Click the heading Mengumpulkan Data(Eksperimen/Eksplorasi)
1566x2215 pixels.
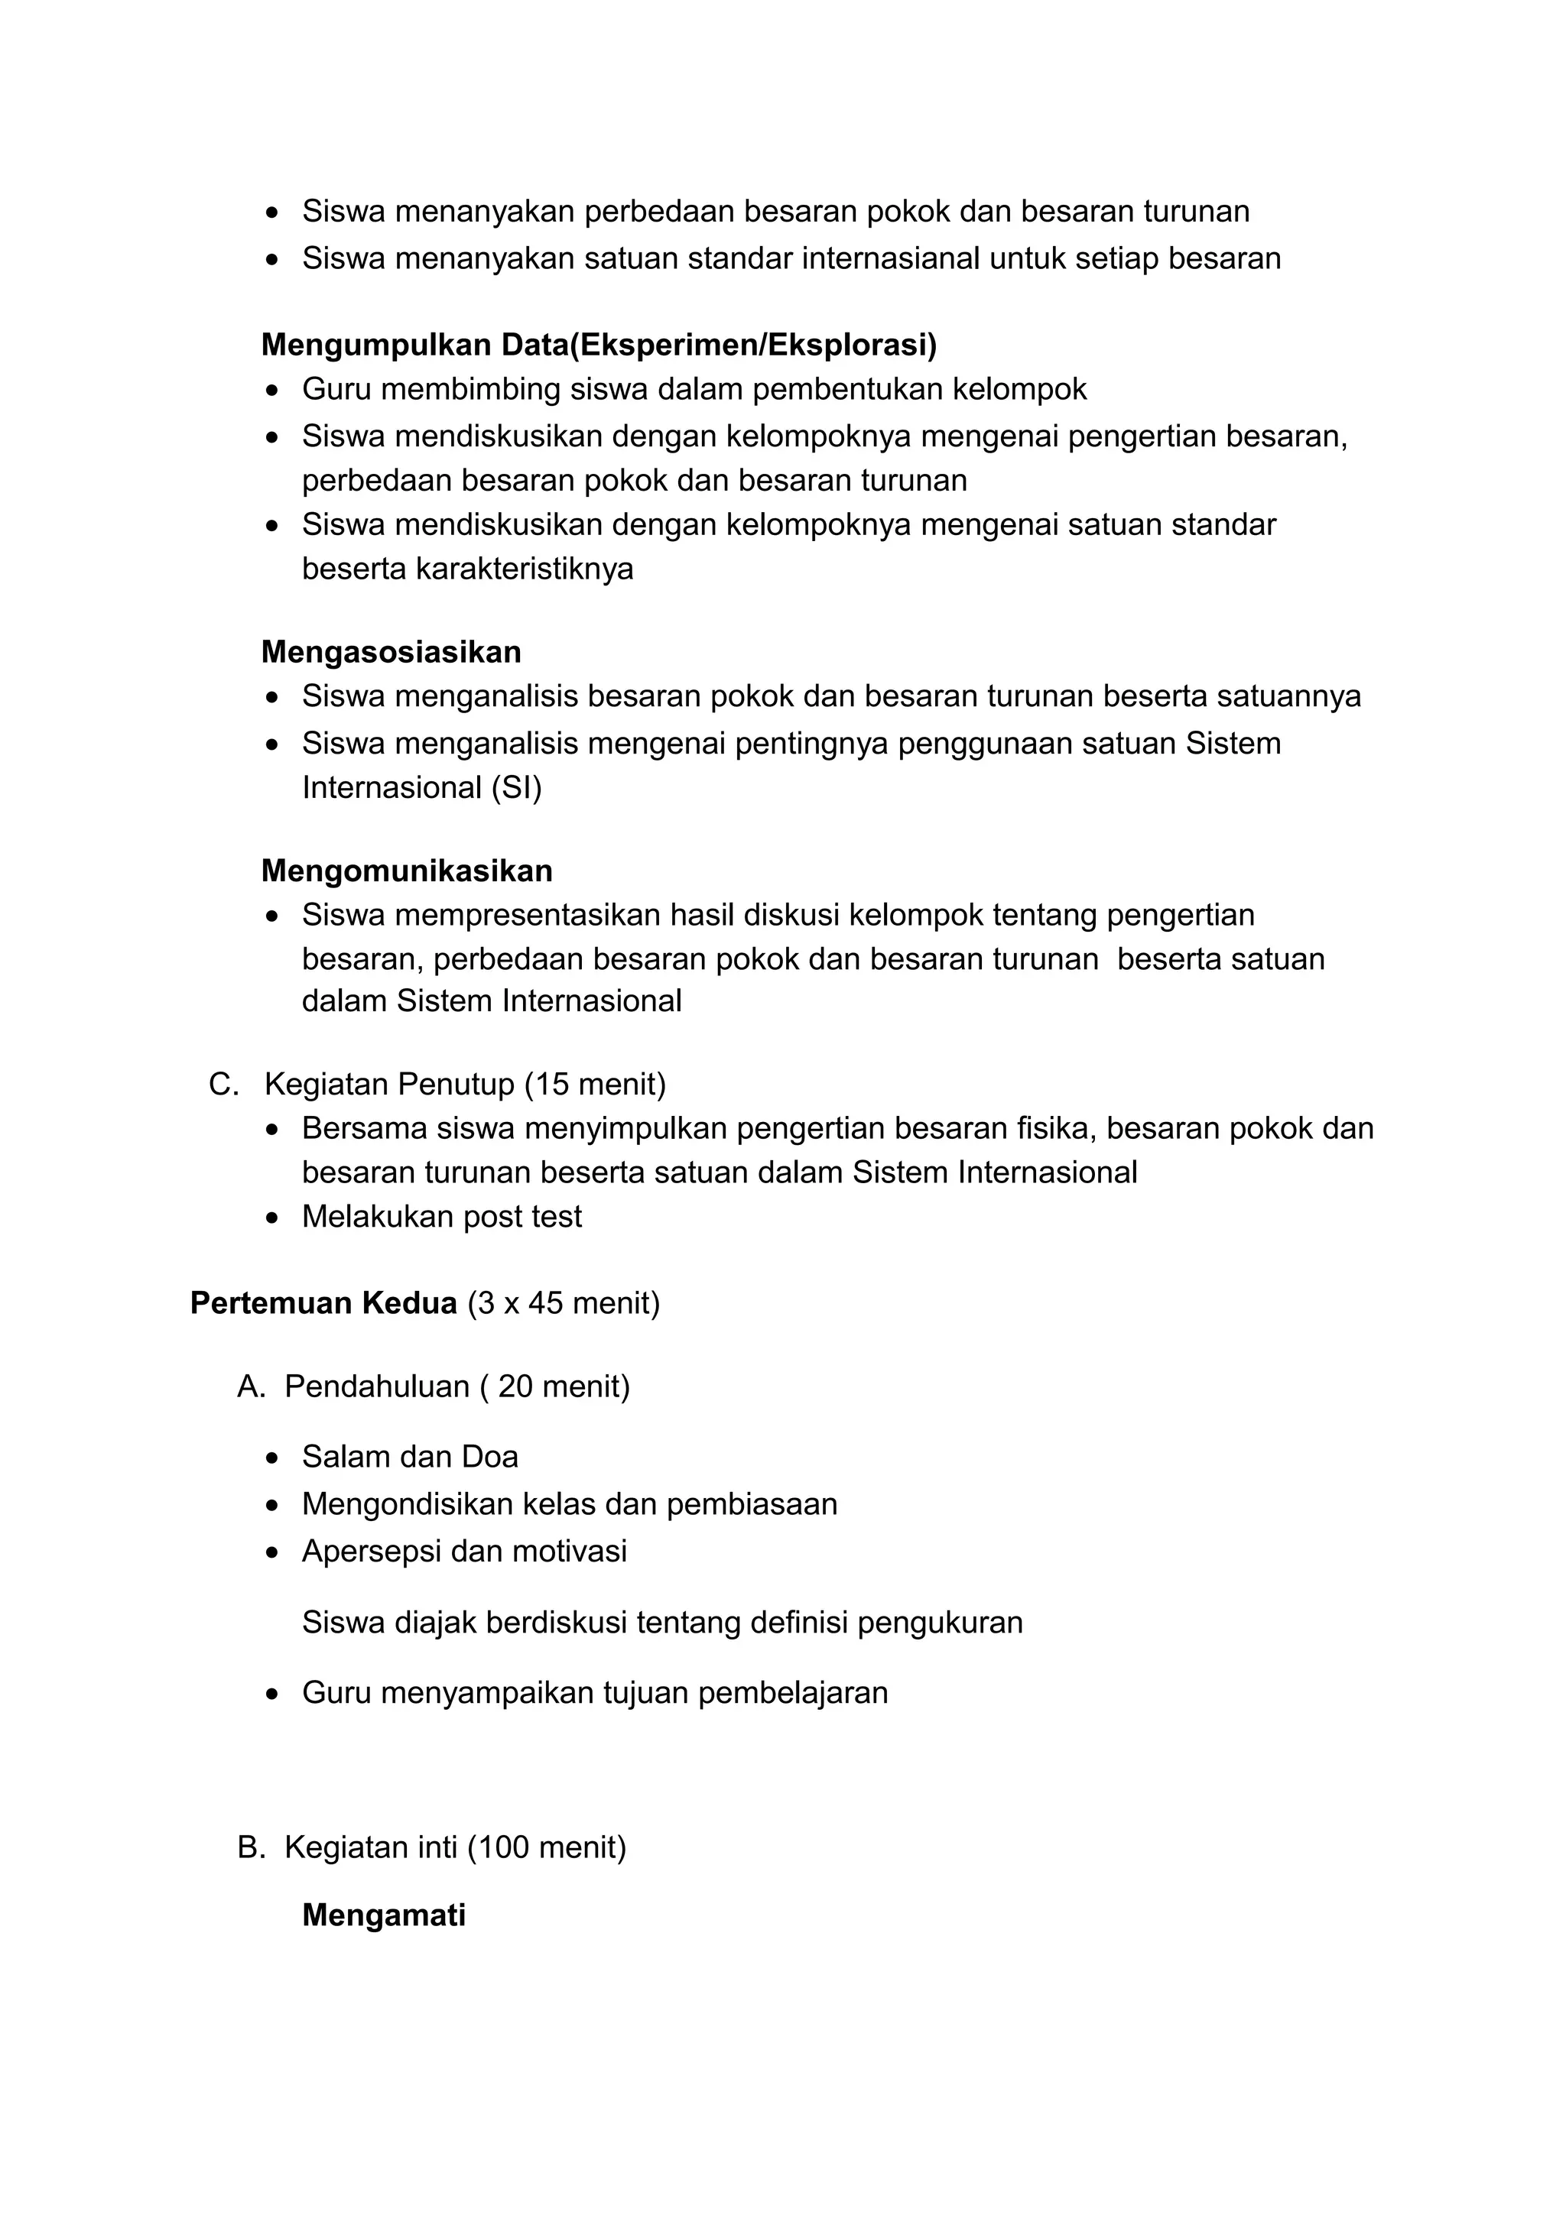(598, 345)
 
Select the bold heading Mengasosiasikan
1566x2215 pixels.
(391, 652)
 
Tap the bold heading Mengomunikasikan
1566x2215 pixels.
(406, 871)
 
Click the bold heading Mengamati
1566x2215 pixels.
(383, 1915)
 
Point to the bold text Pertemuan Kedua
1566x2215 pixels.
(323, 1303)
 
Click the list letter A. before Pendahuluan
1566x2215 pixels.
(251, 1386)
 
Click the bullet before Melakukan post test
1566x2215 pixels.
(274, 1218)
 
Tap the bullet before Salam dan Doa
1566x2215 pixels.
(274, 1458)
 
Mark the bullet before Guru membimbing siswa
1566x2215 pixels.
(274, 391)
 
